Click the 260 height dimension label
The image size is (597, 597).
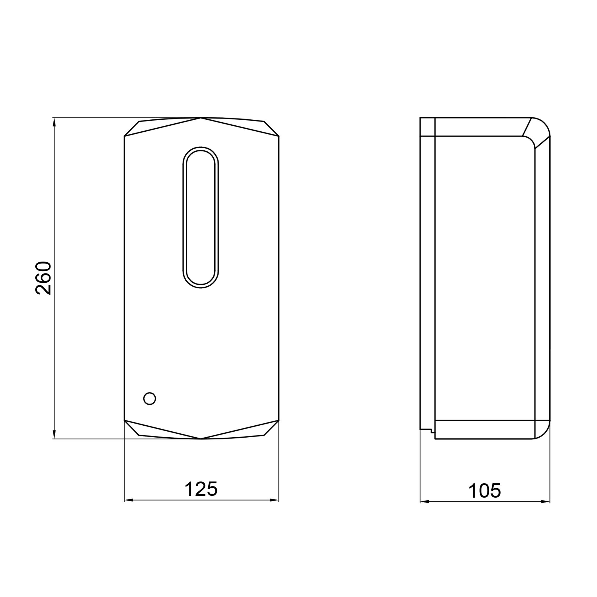tap(43, 278)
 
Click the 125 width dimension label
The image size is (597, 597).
tap(201, 489)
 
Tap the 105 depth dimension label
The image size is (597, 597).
tap(484, 491)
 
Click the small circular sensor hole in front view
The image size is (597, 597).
tap(150, 398)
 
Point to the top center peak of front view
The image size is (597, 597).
tap(201, 118)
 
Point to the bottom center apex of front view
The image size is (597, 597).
tap(201, 438)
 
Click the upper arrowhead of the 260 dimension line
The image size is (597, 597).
tap(54, 122)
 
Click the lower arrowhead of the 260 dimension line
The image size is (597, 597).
tap(54, 434)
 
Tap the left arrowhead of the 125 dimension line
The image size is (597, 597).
tap(128, 500)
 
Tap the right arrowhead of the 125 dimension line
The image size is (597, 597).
tap(275, 500)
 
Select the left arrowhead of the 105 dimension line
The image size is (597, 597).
tap(424, 502)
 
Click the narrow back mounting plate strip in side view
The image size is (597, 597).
tap(427, 278)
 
